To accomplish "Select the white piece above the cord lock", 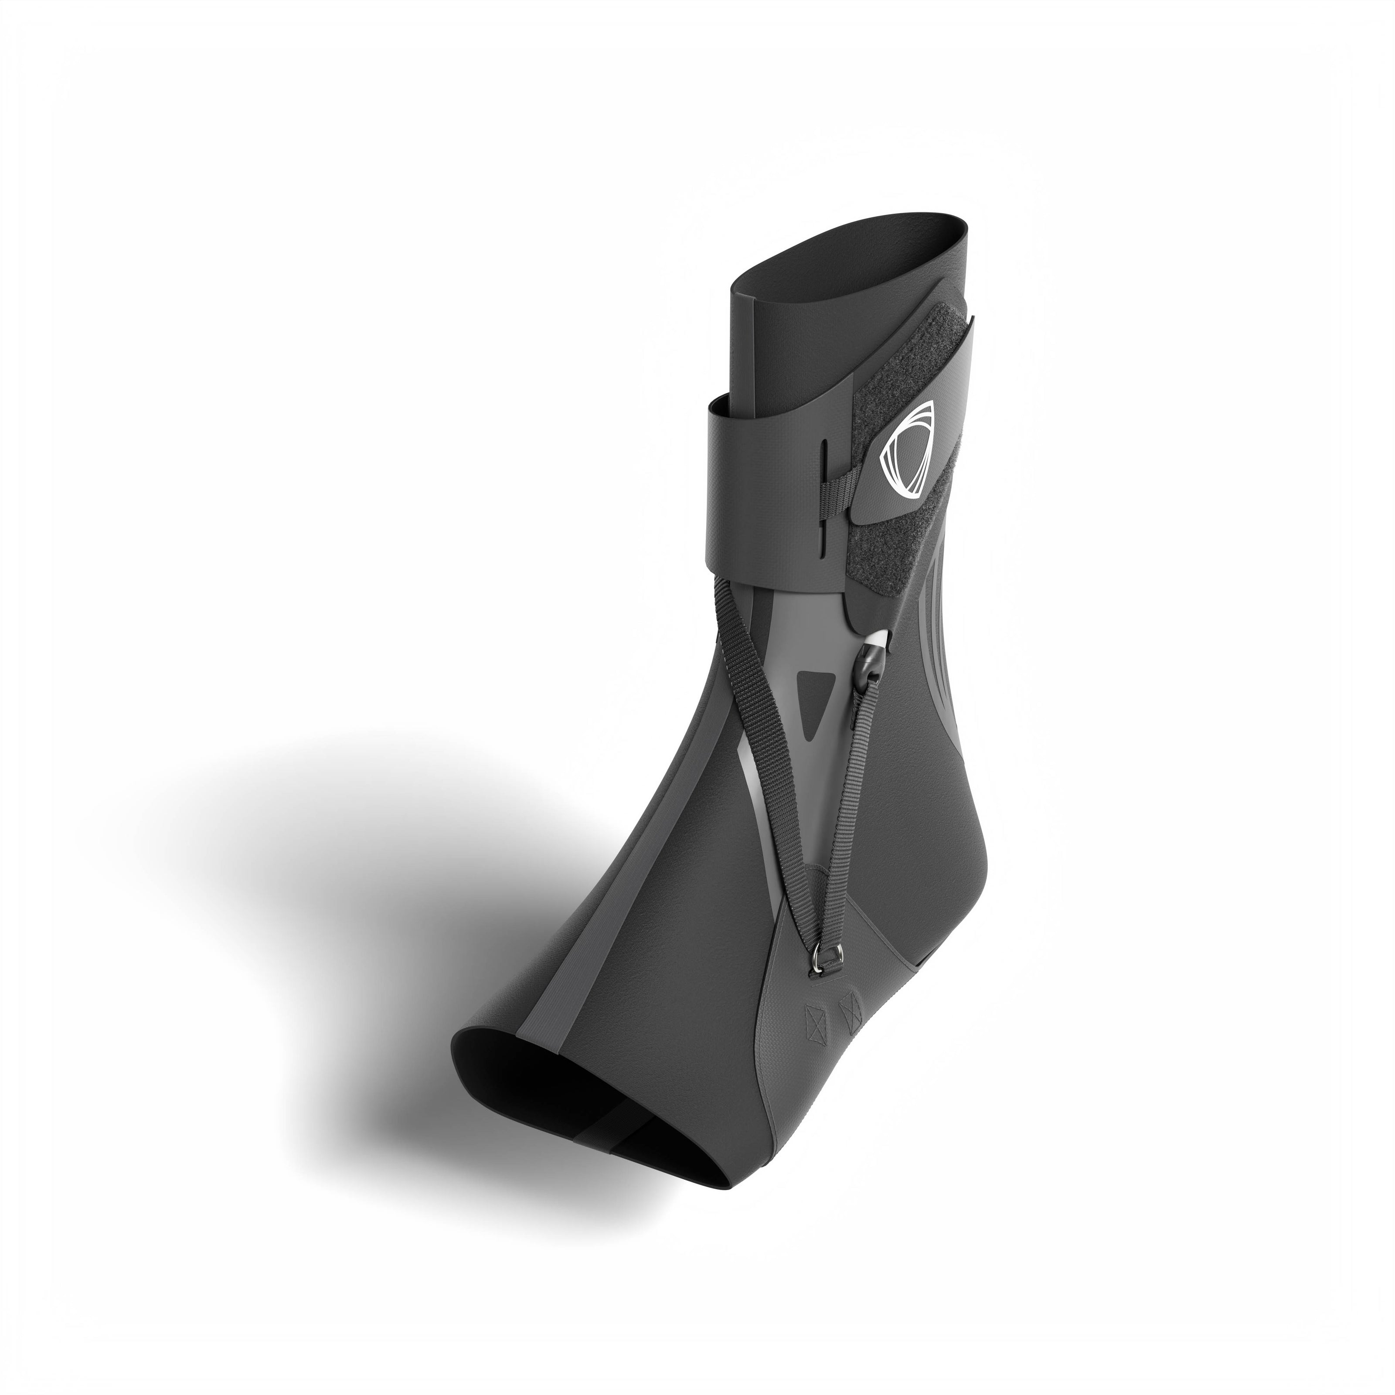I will pyautogui.click(x=877, y=638).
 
